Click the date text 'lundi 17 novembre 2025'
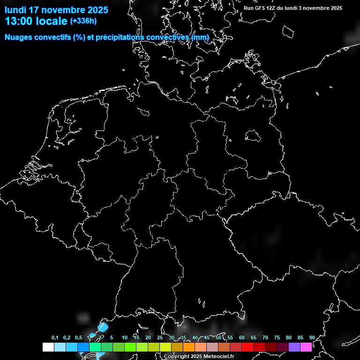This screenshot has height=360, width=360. [56, 10]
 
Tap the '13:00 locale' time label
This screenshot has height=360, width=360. [36, 21]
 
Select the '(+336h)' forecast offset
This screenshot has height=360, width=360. [83, 21]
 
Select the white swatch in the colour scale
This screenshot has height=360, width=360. [48, 347]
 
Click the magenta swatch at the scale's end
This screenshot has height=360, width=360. [306, 347]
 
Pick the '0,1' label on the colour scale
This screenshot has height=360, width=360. [55, 338]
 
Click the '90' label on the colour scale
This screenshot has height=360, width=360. [312, 338]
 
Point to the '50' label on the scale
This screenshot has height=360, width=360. [218, 338]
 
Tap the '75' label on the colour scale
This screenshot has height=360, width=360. [277, 338]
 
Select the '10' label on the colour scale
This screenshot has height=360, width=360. [124, 338]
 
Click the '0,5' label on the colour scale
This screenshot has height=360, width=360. [78, 338]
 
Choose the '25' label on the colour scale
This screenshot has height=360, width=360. [159, 338]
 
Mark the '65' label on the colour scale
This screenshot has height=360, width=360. [253, 338]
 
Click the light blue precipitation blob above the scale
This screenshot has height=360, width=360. [103, 327]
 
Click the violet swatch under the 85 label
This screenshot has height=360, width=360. [294, 347]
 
